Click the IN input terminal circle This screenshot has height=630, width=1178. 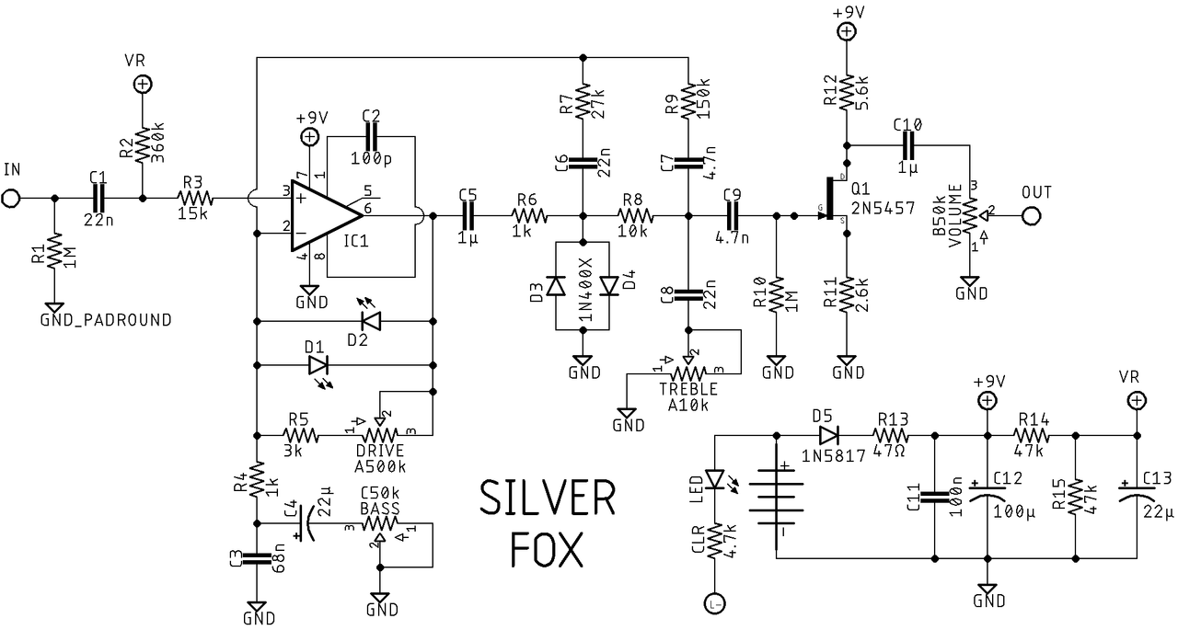pos(11,197)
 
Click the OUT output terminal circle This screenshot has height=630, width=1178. pos(1031,216)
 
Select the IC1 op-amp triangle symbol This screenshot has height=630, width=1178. pos(322,213)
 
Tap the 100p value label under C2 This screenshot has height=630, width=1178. pos(371,158)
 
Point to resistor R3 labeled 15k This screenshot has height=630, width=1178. pos(195,197)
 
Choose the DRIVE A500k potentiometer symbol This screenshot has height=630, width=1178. pos(378,433)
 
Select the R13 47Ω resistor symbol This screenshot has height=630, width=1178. pos(890,435)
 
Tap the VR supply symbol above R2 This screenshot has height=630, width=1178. pos(143,85)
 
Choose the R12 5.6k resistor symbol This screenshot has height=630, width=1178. pos(846,92)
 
